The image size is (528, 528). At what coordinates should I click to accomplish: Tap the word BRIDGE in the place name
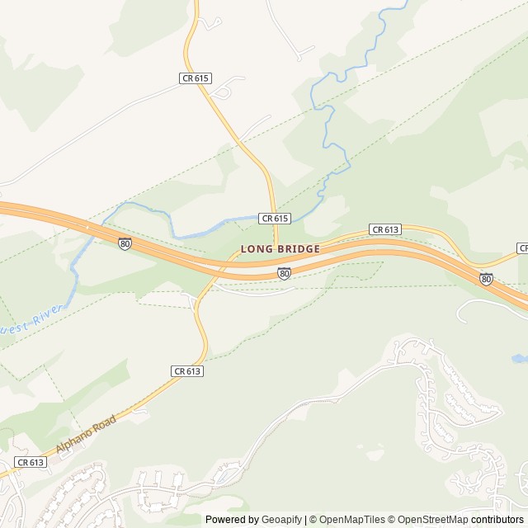tap(295, 248)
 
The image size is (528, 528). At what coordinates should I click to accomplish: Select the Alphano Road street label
tap(86, 435)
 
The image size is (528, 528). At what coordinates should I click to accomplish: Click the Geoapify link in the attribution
tap(282, 520)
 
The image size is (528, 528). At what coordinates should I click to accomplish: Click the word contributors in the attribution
tap(497, 520)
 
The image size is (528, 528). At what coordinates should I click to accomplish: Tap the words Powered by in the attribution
tap(232, 520)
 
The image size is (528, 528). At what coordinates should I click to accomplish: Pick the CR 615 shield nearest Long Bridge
tap(274, 218)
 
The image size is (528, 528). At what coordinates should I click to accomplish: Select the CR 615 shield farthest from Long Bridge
tap(196, 78)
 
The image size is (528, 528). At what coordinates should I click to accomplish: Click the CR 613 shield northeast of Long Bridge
tap(385, 229)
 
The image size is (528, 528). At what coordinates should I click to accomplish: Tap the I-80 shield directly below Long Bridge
tap(284, 273)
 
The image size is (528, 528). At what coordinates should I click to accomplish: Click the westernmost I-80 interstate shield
tap(124, 243)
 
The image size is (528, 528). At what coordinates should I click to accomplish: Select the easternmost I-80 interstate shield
tap(486, 279)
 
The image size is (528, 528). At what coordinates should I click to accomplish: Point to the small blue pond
tap(520, 359)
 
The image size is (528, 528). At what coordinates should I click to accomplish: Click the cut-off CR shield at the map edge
tap(523, 247)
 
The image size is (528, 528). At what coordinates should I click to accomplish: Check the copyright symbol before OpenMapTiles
tap(313, 520)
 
